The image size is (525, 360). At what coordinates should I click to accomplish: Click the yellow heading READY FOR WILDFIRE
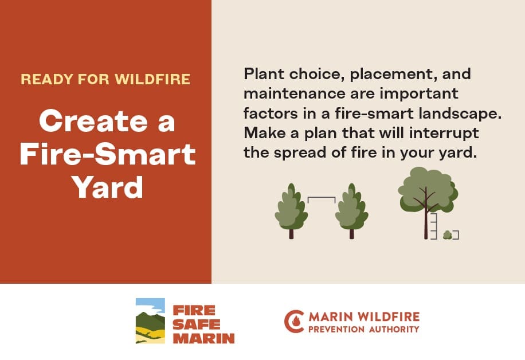coord(105,79)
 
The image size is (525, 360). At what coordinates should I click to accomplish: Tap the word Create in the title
coord(93,121)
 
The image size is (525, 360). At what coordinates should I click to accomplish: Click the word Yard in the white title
coord(108,187)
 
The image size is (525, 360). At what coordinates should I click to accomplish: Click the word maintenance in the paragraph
coord(295,93)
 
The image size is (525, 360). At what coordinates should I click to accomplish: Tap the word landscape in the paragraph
coord(460,114)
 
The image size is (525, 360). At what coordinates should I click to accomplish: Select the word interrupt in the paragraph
coord(444,134)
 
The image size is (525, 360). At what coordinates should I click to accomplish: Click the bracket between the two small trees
coord(322,198)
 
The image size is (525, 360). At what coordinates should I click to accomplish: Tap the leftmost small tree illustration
coord(291,211)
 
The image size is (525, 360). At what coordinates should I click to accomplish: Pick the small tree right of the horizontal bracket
coord(351,211)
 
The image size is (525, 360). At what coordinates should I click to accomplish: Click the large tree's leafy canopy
coord(428,189)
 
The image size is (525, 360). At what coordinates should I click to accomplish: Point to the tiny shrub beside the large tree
coord(447,235)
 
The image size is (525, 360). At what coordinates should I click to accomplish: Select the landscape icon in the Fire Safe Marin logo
coord(150,321)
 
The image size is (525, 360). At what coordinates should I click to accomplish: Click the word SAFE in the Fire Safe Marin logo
coord(197,324)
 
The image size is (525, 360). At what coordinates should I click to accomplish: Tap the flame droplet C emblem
coord(294,322)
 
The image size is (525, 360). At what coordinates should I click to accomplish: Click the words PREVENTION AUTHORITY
coord(363,330)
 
